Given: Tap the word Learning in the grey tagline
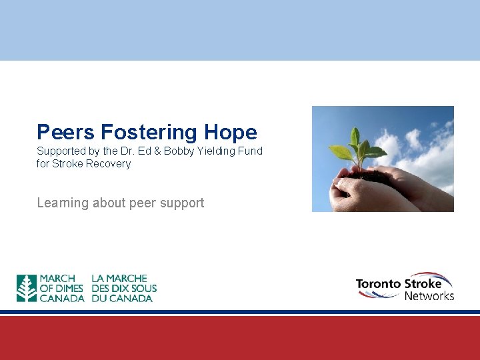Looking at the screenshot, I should [63, 203].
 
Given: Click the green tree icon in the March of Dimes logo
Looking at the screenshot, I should [27, 289].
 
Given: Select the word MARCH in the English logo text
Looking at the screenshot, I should [57, 279].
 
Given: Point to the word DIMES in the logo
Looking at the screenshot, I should [69, 289].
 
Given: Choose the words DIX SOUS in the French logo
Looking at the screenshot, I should [137, 289].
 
